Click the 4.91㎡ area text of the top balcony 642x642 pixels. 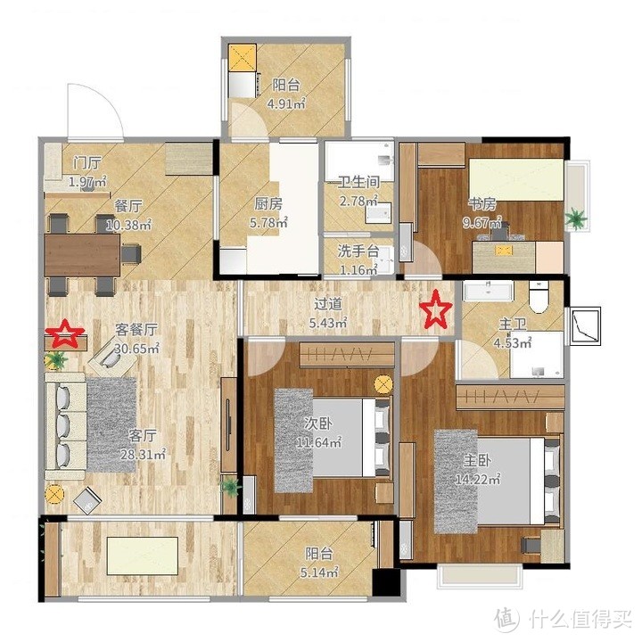pyautogui.click(x=286, y=103)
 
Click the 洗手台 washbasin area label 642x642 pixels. pyautogui.click(x=358, y=252)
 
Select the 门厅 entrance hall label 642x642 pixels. pyautogui.click(x=87, y=163)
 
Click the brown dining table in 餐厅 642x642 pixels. pyautogui.click(x=82, y=254)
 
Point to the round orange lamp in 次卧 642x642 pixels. pyautogui.click(x=383, y=383)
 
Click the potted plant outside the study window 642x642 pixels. pyautogui.click(x=577, y=216)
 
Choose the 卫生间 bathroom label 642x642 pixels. pyautogui.click(x=358, y=183)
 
